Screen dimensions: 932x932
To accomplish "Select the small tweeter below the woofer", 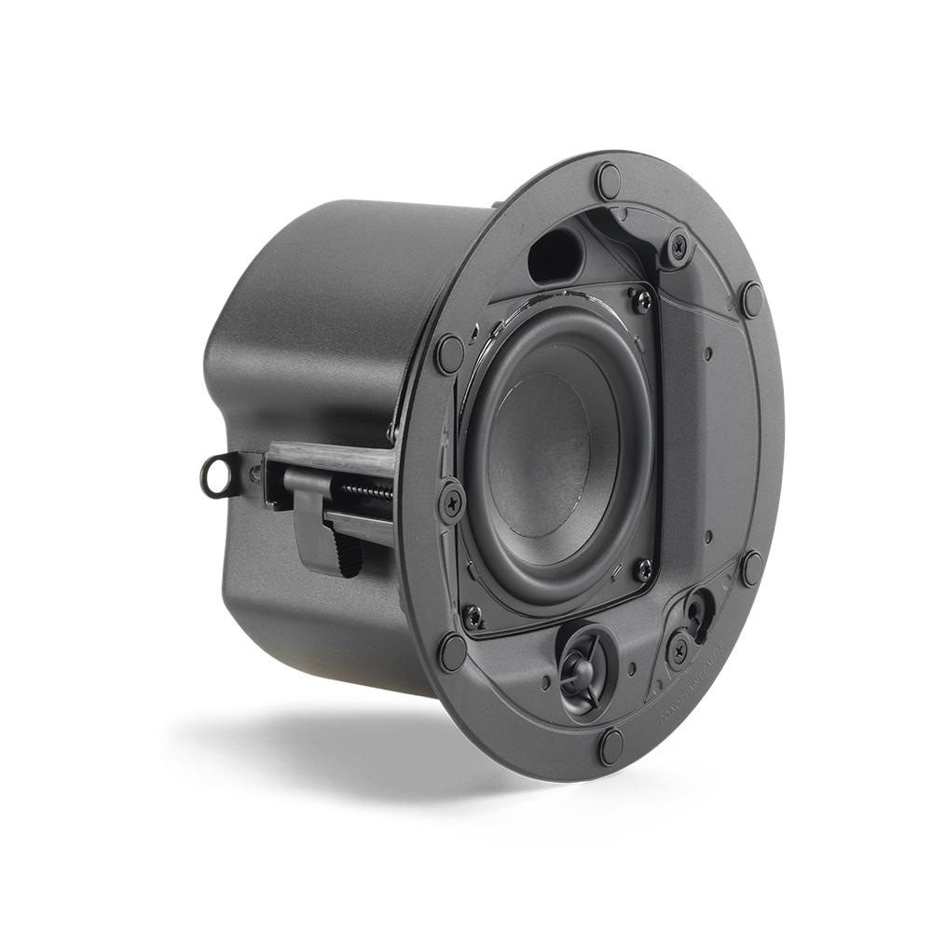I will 585,663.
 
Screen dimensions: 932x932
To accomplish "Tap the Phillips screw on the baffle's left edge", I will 452,501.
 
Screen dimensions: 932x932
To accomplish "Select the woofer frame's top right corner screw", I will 641,299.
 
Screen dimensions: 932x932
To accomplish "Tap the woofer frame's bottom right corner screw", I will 642,569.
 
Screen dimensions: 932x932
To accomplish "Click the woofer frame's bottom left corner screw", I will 474,617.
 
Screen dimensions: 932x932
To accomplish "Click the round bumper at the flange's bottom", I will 611,745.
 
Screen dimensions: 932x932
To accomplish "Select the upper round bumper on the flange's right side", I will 751,298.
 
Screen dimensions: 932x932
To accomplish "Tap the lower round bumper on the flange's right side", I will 751,567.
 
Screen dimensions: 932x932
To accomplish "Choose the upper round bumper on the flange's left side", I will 449,352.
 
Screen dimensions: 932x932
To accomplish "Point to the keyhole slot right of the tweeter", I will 696,610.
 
